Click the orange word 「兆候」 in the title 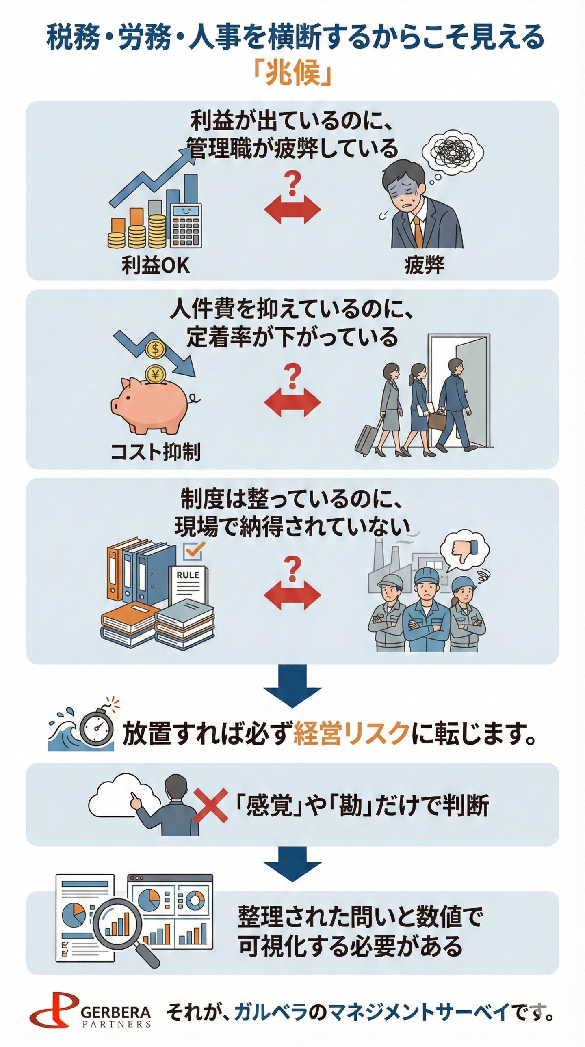(x=292, y=73)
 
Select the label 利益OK (x=156, y=265)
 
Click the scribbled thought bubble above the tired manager (x=453, y=151)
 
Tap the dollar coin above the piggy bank (x=155, y=348)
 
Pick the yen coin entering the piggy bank (x=155, y=373)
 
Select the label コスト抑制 (x=156, y=451)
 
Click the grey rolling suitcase (x=366, y=439)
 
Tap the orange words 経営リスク (x=351, y=733)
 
